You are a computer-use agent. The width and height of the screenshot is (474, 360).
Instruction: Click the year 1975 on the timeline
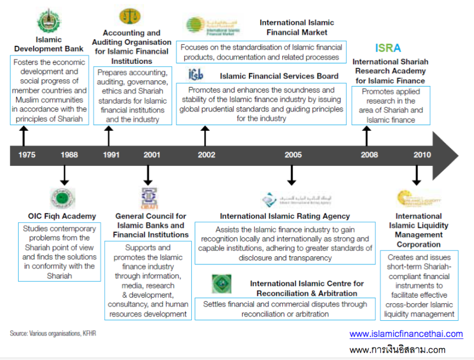point(26,155)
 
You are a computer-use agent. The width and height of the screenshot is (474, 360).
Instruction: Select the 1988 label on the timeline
point(69,155)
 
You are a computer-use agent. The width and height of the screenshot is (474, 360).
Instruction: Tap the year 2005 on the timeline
point(293,155)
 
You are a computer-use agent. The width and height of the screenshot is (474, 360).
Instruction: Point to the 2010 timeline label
point(422,155)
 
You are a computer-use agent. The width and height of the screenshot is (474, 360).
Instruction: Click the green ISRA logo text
point(388,49)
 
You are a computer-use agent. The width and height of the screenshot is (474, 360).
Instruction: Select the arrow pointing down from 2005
point(292,175)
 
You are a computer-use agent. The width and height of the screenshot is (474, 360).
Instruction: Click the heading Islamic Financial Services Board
point(279,76)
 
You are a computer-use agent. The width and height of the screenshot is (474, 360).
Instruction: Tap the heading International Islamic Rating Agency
point(285,216)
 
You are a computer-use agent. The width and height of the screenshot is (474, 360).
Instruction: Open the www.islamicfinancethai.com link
point(406,334)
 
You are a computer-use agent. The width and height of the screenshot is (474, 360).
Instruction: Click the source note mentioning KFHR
point(49,334)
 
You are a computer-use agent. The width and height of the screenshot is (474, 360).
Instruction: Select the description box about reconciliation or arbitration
point(285,309)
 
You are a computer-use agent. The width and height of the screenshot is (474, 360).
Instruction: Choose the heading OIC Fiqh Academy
point(62,216)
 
